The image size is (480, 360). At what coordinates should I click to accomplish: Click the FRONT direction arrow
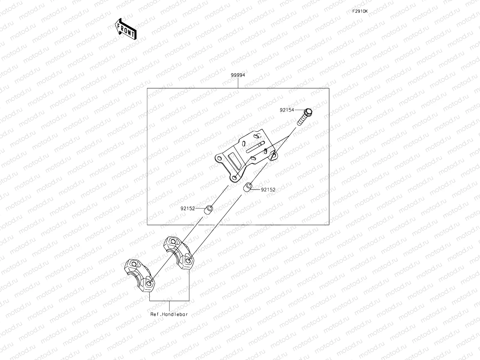[125, 28]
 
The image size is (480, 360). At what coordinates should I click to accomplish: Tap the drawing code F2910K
[360, 11]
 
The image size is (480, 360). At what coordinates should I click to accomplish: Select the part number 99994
[238, 75]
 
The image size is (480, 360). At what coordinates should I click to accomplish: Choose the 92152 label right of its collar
[268, 190]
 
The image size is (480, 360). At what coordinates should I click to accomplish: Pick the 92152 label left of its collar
[188, 208]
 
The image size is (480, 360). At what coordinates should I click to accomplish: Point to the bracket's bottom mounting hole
[234, 178]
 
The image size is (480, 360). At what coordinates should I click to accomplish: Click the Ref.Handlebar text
[169, 314]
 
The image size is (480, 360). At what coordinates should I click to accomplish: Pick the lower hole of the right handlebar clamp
[188, 260]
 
